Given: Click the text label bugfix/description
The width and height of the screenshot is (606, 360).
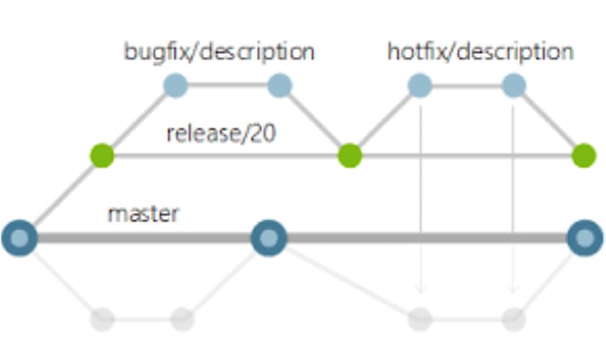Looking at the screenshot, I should (218, 51).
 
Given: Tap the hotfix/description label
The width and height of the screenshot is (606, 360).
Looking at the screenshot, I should (481, 51).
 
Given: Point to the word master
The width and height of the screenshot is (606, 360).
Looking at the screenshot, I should (143, 214).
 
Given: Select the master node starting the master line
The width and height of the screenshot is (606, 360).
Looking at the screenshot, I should (20, 238).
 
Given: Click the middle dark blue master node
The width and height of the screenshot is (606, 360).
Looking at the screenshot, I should (266, 238).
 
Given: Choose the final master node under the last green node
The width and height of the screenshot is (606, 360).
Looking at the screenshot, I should (584, 238).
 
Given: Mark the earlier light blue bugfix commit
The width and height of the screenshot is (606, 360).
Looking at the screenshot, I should (176, 86).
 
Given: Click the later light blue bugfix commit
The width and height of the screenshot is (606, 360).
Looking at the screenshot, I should (281, 86).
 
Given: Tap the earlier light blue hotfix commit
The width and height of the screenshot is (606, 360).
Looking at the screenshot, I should (420, 86).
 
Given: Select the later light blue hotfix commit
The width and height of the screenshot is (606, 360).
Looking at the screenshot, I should (513, 86).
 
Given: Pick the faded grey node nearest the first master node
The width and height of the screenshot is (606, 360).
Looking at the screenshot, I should (102, 318).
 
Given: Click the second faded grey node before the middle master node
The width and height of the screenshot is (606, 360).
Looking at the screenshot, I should (182, 318).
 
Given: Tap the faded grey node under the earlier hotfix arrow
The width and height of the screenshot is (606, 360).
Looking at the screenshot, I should (420, 318).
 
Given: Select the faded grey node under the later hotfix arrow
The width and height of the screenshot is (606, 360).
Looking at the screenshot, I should (513, 318).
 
